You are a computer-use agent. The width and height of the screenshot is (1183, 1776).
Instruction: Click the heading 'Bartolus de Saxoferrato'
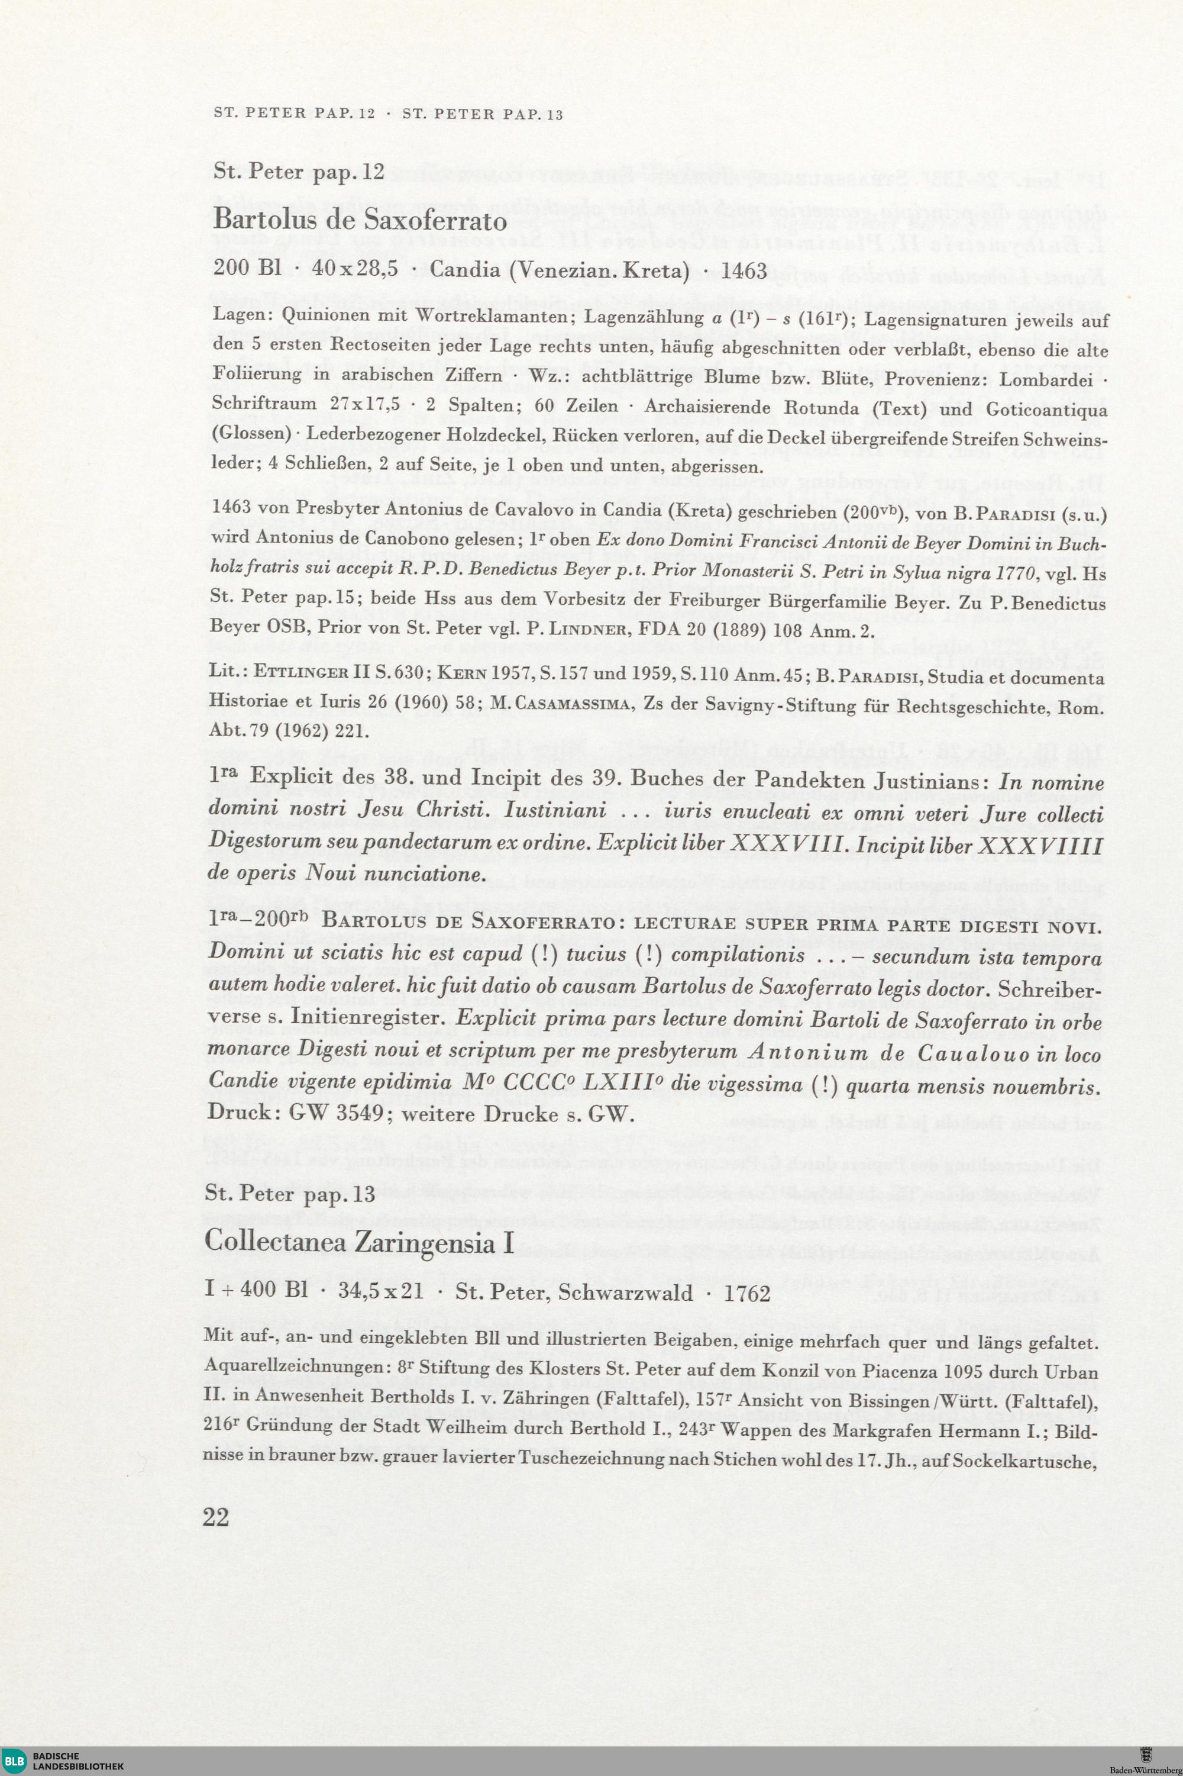click(x=360, y=220)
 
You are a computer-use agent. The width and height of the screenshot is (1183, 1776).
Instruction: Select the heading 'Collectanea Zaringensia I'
click(x=359, y=1242)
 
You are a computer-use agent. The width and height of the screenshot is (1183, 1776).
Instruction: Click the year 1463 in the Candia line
click(x=744, y=271)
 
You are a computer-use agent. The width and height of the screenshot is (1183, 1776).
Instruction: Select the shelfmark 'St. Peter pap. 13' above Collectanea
click(x=290, y=1194)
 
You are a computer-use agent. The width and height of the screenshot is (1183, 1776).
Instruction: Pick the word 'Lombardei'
click(x=1046, y=380)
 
